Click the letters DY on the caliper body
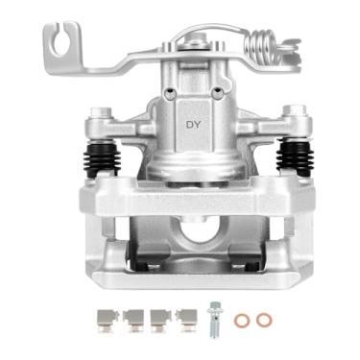tap(193, 125)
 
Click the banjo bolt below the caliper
tap(214, 318)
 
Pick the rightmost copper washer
tap(263, 319)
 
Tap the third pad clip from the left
tap(160, 318)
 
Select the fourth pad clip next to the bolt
tap(184, 318)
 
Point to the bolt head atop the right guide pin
tap(297, 114)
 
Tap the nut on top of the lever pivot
tap(196, 38)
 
